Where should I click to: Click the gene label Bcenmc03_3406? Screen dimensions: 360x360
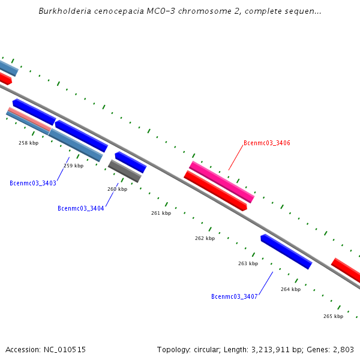click(x=267, y=143)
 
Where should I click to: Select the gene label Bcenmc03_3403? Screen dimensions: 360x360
click(x=33, y=183)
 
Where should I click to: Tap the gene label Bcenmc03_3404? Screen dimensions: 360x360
click(x=81, y=208)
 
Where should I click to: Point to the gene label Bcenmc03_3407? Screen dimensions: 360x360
click(x=235, y=296)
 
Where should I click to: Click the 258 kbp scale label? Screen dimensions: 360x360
click(x=28, y=143)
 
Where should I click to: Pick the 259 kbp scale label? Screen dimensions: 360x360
click(x=73, y=166)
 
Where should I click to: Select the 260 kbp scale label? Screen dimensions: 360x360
click(x=117, y=189)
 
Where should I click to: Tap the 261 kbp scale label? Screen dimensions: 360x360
click(x=161, y=213)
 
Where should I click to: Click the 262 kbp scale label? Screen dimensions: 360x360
click(x=205, y=238)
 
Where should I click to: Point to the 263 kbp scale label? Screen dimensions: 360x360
click(x=248, y=263)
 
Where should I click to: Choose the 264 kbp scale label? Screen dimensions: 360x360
click(x=290, y=289)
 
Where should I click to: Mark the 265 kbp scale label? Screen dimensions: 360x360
click(x=333, y=316)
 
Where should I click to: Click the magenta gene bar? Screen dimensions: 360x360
click(x=222, y=182)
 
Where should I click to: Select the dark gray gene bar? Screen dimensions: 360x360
click(x=124, y=171)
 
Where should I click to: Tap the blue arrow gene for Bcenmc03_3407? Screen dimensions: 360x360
click(x=286, y=251)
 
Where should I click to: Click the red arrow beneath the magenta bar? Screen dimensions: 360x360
click(x=215, y=191)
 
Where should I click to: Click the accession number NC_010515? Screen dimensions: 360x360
click(x=64, y=349)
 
